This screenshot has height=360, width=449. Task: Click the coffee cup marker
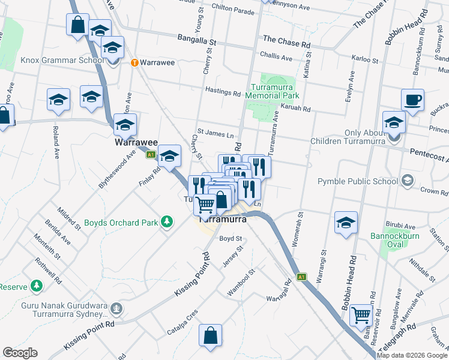(x=412, y=101)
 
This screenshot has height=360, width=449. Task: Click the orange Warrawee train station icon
(x=135, y=62)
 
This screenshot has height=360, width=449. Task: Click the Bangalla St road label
(x=196, y=40)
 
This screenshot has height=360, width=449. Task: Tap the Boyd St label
(x=230, y=238)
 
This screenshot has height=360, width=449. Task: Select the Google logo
(x=20, y=353)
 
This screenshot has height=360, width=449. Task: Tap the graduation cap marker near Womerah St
(x=346, y=224)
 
